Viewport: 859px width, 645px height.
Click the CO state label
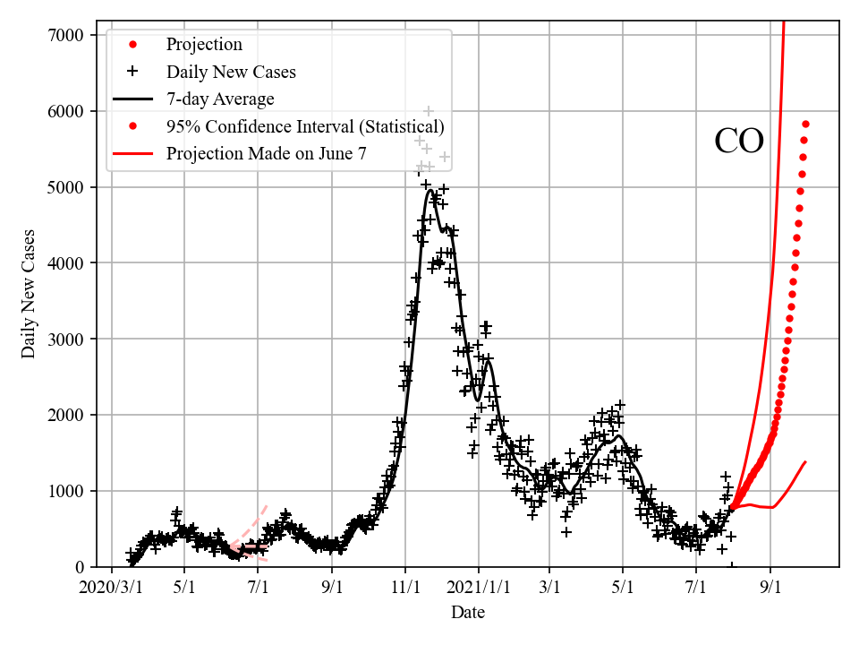pyautogui.click(x=739, y=142)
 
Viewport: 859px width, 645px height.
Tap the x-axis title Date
pyautogui.click(x=468, y=613)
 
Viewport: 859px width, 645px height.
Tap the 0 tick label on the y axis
pyautogui.click(x=81, y=567)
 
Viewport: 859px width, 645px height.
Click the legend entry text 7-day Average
pyautogui.click(x=220, y=99)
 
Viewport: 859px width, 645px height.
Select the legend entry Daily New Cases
pyautogui.click(x=231, y=72)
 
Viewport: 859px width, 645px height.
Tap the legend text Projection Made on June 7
pyautogui.click(x=267, y=154)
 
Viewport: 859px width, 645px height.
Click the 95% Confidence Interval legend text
pyautogui.click(x=305, y=126)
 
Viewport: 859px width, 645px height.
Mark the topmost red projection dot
pyautogui.click(x=805, y=124)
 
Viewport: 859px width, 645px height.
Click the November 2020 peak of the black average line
pyautogui.click(x=430, y=190)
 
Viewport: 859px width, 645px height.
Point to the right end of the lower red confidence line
pyautogui.click(x=805, y=462)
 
